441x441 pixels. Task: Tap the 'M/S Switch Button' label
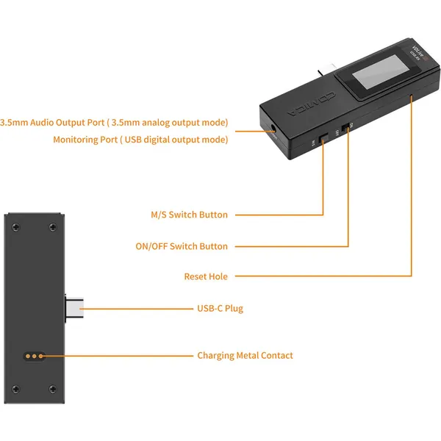[x=189, y=215]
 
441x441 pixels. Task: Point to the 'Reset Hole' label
[x=206, y=276]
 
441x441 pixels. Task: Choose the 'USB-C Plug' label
[x=220, y=308]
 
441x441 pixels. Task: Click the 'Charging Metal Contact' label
[x=245, y=355]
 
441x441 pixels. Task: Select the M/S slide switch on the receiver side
[x=323, y=138]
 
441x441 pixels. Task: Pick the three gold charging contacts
[x=32, y=356]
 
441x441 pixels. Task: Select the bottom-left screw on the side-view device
[x=17, y=388]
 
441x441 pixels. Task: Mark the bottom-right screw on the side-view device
[x=53, y=388]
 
